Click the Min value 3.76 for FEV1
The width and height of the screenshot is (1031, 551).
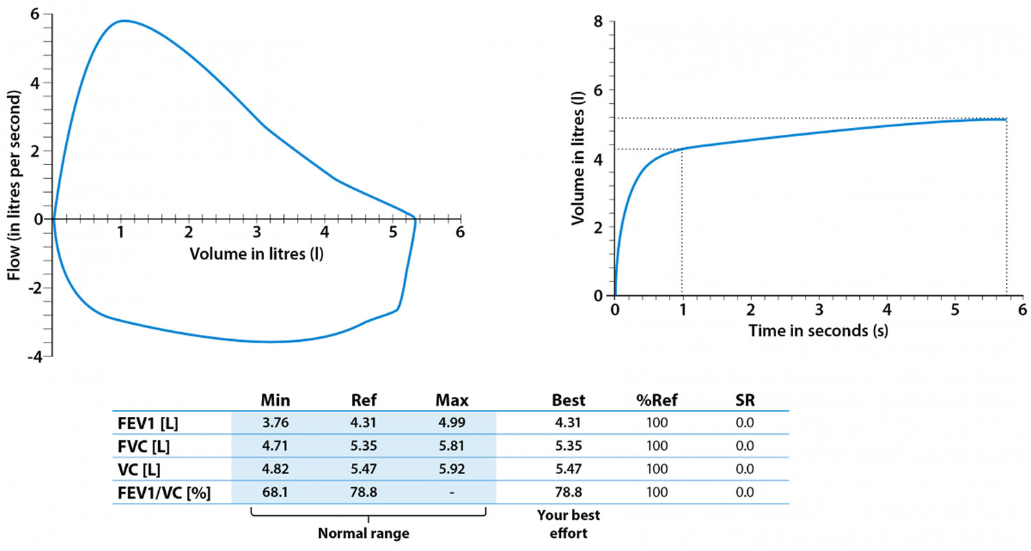275,422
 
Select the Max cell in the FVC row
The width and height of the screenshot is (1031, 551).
452,446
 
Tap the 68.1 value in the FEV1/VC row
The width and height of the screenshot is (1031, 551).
275,493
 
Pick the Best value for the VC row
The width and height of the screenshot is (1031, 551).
568,469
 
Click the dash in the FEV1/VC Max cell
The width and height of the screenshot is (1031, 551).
452,493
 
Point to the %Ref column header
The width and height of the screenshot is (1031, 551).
657,400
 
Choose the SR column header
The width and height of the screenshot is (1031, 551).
744,400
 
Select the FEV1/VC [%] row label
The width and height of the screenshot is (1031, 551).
162,493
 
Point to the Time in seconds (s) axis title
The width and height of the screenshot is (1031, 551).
818,332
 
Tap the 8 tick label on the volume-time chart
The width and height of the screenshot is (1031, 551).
598,22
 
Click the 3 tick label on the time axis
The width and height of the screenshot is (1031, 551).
818,310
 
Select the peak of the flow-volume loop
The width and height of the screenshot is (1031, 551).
122,21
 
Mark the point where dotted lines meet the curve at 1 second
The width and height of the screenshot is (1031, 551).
682,149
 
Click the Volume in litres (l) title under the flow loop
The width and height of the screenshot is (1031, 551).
256,254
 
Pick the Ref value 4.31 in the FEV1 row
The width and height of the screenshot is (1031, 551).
362,422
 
